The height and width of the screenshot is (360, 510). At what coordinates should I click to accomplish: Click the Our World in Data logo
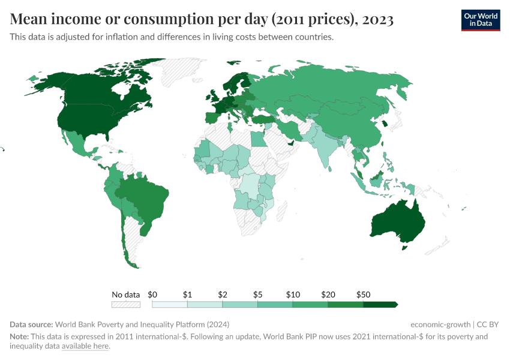point(480,20)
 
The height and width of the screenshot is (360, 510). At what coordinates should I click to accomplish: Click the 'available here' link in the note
point(85,346)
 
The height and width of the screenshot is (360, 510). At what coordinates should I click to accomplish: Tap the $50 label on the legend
point(364,295)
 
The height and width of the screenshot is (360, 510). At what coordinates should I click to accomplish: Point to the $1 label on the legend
point(187,295)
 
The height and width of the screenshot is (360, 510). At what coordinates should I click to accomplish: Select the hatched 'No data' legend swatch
point(125,305)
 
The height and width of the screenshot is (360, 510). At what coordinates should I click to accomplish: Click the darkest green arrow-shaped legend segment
point(380,305)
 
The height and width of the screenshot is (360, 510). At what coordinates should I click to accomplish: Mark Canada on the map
point(102,90)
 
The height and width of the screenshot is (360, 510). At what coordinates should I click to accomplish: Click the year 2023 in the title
point(378,20)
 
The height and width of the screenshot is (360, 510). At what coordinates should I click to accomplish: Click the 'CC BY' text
point(488,324)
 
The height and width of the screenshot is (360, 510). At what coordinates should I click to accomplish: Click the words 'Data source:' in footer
point(31,324)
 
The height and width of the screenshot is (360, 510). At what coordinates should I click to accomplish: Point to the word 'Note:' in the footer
point(20,337)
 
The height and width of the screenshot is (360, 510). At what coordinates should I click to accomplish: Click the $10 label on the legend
point(293,295)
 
